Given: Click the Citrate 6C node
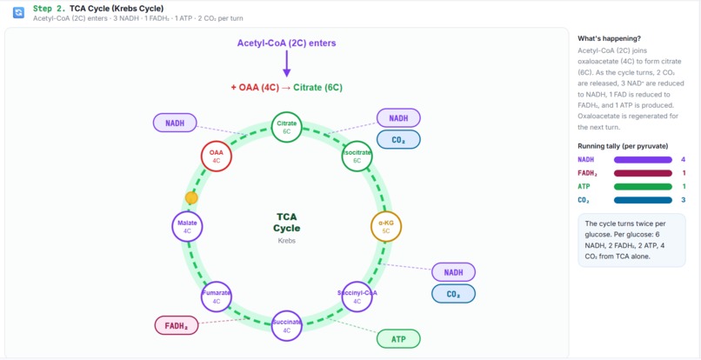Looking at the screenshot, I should click(287, 127).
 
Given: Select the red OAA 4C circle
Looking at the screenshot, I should click(217, 157).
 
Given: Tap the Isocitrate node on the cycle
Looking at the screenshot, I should click(357, 157).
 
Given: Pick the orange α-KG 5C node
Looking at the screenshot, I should click(386, 226).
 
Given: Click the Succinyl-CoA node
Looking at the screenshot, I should click(357, 297).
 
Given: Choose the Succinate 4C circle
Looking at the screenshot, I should click(287, 325).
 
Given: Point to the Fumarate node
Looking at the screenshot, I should click(217, 297).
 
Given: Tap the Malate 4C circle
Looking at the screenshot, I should click(187, 226).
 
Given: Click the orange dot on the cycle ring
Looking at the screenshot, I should click(191, 198).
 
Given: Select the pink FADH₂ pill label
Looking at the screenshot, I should click(177, 326).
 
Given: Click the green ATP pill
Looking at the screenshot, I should click(398, 339).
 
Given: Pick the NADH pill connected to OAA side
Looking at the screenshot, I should click(175, 123).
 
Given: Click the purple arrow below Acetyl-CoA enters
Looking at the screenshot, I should click(287, 64).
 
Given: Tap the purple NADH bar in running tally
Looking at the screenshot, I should click(643, 160).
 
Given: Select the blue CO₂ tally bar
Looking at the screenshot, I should click(643, 200).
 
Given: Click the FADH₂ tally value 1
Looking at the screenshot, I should click(684, 173).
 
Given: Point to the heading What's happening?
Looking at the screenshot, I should click(609, 38).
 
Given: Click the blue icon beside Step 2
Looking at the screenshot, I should click(18, 13).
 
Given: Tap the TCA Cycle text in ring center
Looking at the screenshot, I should click(287, 223).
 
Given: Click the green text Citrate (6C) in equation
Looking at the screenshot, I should click(317, 88).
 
